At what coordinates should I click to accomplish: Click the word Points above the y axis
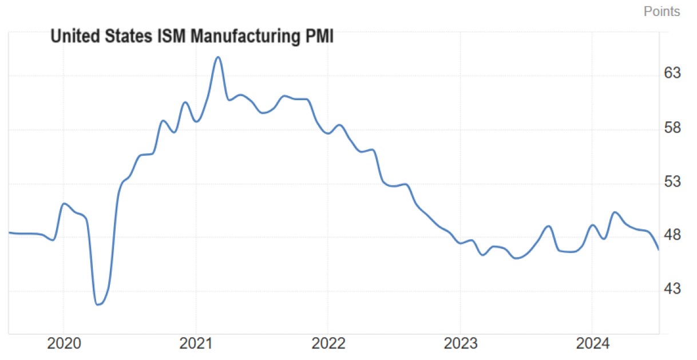click(x=662, y=11)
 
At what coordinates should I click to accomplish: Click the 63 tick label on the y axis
click(x=672, y=74)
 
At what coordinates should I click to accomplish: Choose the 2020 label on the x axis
click(x=63, y=345)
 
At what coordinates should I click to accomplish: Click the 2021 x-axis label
click(x=196, y=345)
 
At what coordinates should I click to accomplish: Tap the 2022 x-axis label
click(x=328, y=345)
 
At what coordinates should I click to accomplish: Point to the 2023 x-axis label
click(x=460, y=345)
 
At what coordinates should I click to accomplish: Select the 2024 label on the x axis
click(x=592, y=345)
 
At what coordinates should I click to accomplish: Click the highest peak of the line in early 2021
click(x=217, y=57)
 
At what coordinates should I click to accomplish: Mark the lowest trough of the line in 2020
click(x=98, y=304)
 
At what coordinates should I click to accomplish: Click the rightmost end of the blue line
click(x=659, y=250)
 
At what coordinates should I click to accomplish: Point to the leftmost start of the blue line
click(x=9, y=232)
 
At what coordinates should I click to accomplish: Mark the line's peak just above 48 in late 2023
click(x=549, y=226)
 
